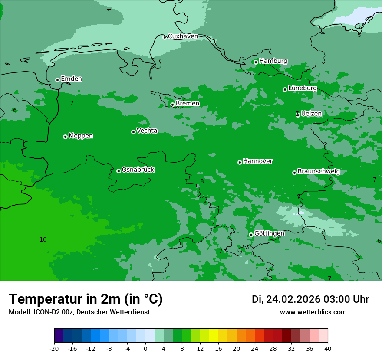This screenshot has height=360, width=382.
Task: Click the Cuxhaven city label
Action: click(x=183, y=36)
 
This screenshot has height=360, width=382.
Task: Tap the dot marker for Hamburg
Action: click(x=256, y=62)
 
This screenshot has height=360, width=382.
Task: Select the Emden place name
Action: click(x=71, y=79)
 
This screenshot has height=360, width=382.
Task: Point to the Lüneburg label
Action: click(x=302, y=88)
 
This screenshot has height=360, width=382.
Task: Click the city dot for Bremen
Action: click(x=172, y=105)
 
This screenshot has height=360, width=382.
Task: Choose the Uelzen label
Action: click(x=311, y=114)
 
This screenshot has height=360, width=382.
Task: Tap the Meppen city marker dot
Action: click(x=65, y=137)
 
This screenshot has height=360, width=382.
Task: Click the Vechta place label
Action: click(x=147, y=131)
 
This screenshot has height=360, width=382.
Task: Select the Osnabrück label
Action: click(x=138, y=170)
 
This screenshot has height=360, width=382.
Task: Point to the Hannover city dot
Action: click(x=240, y=162)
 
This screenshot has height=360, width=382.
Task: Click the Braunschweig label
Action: click(x=319, y=171)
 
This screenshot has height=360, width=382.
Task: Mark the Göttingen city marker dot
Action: click(x=251, y=235)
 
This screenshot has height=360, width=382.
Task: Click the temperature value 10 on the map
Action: click(x=43, y=239)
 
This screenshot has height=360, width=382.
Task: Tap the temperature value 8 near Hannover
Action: click(x=202, y=181)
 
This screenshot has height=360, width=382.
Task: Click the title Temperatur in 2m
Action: click(x=86, y=299)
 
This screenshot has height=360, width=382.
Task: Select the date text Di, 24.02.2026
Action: click(x=285, y=299)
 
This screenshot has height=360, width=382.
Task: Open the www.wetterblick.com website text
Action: click(x=313, y=312)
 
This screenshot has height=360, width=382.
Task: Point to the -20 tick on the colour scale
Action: click(x=54, y=348)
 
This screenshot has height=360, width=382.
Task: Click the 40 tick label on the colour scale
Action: click(x=328, y=348)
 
